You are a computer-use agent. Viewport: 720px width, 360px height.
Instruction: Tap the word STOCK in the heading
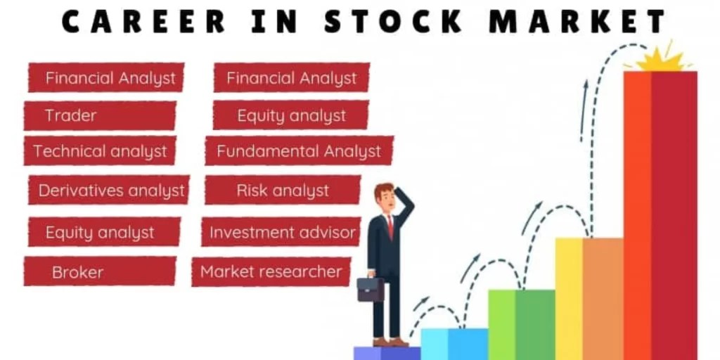click(394, 21)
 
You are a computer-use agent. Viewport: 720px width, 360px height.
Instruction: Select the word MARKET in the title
click(577, 21)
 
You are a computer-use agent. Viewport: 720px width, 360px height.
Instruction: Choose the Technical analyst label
click(100, 151)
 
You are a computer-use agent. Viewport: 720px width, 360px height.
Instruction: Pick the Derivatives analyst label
click(110, 191)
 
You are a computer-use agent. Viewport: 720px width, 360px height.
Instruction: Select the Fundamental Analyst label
click(298, 151)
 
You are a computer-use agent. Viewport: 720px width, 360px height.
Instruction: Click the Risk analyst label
click(283, 191)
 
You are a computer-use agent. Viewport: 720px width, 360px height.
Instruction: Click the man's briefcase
click(371, 289)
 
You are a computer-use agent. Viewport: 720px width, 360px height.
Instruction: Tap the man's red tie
click(390, 227)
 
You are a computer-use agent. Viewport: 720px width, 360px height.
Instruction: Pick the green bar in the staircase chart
click(521, 323)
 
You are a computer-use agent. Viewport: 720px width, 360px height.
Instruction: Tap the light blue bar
click(454, 343)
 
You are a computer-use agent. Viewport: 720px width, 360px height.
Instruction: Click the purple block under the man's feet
click(387, 353)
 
